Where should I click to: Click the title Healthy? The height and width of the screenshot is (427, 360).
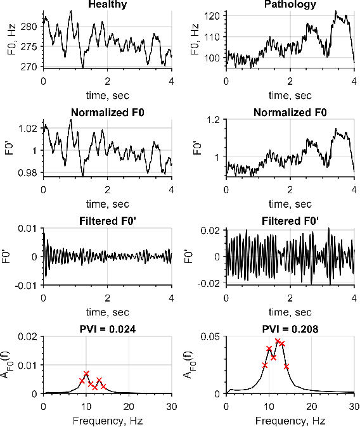(x=107, y=4)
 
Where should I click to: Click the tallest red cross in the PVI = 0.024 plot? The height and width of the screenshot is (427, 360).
(x=87, y=374)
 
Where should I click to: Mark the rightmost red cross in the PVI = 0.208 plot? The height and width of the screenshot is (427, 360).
(x=286, y=367)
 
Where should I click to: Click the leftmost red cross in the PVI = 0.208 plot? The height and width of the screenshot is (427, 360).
(x=265, y=366)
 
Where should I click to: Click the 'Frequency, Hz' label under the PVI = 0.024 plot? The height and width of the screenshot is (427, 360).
(x=107, y=419)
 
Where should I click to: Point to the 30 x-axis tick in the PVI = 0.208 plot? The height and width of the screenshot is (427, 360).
(x=354, y=404)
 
